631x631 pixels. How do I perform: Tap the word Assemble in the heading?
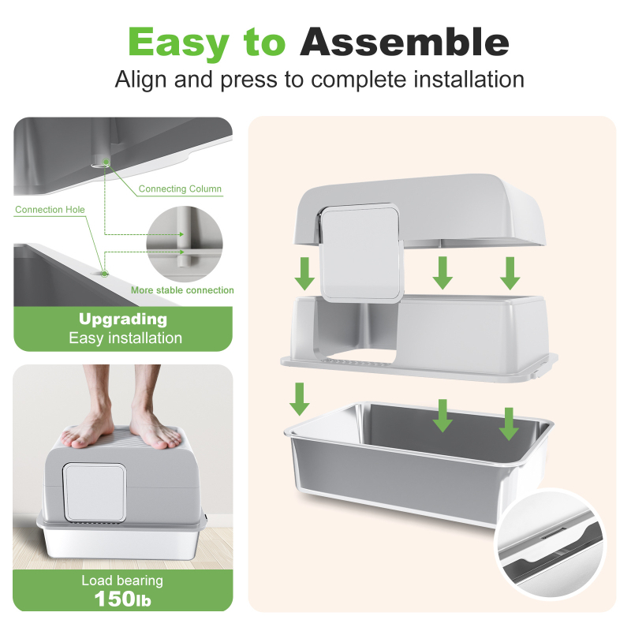tap(405, 42)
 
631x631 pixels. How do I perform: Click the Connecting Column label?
tap(180, 189)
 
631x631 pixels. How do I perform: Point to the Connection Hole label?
tap(50, 210)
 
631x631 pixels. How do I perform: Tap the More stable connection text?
tap(182, 290)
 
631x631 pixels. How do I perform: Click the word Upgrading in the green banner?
tap(123, 319)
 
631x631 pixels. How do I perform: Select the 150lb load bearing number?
tap(123, 599)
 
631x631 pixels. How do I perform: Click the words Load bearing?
tap(122, 581)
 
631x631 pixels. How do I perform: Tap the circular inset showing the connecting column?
tap(185, 244)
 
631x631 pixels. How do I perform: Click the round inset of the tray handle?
tap(550, 543)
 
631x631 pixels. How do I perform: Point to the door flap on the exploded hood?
tap(360, 253)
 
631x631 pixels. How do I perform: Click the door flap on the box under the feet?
tap(95, 491)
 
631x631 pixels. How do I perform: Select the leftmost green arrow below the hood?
tap(304, 274)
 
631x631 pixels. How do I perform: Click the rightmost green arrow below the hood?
tap(510, 273)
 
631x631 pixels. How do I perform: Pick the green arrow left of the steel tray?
tap(300, 399)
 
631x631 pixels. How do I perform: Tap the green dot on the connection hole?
tap(105, 274)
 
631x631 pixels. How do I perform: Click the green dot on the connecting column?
tap(106, 162)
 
